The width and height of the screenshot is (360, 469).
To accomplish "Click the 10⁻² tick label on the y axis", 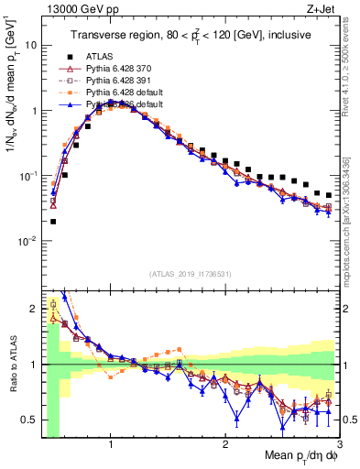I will pyautogui.click(x=27, y=241).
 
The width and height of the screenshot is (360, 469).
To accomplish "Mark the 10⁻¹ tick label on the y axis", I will pyautogui.click(x=27, y=176).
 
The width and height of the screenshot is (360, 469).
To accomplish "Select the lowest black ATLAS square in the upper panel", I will pyautogui.click(x=53, y=221).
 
